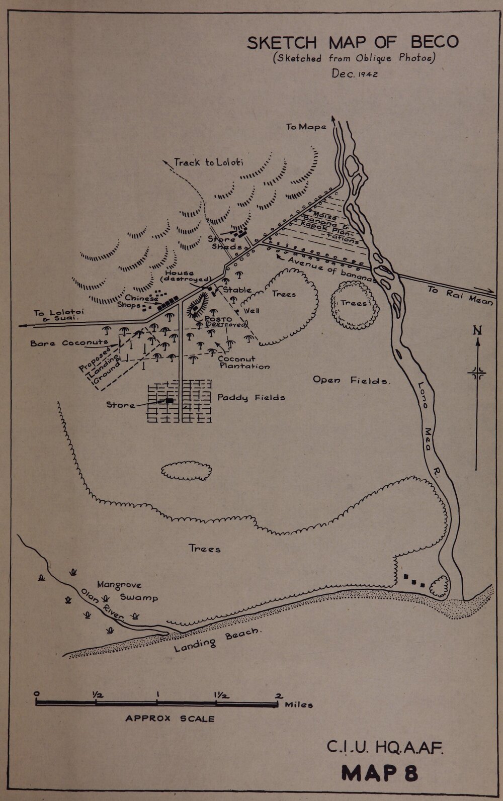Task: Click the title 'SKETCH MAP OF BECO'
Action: click(x=352, y=42)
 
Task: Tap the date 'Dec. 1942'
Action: click(x=355, y=73)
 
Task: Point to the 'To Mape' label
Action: click(x=306, y=127)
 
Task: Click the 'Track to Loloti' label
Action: click(x=208, y=162)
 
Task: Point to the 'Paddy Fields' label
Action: click(x=251, y=397)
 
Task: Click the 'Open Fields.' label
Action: click(x=352, y=380)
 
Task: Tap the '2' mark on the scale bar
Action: click(x=278, y=695)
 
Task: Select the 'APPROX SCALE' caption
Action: click(x=170, y=719)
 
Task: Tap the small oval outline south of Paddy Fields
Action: click(x=186, y=470)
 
